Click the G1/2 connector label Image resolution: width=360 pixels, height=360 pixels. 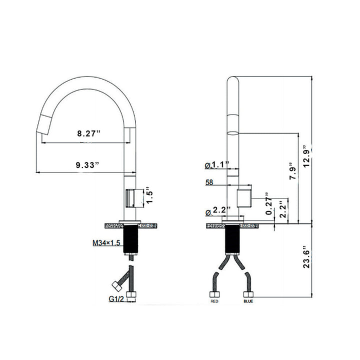116,299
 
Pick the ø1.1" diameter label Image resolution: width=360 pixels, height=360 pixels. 216,164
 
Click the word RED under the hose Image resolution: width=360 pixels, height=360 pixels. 214,302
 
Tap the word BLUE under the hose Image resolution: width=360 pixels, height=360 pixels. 248,302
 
